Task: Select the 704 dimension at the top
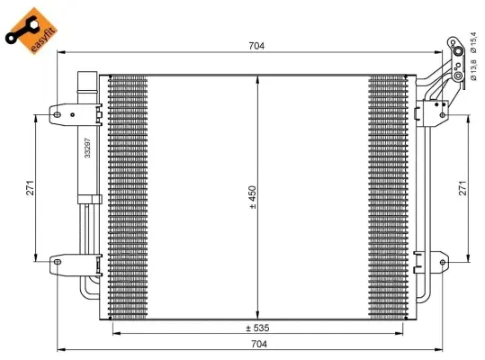[257, 45]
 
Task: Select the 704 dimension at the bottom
[257, 343]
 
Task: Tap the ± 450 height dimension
[253, 197]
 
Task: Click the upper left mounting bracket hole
[56, 113]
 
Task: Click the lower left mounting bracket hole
[56, 263]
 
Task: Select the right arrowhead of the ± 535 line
[402, 334]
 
